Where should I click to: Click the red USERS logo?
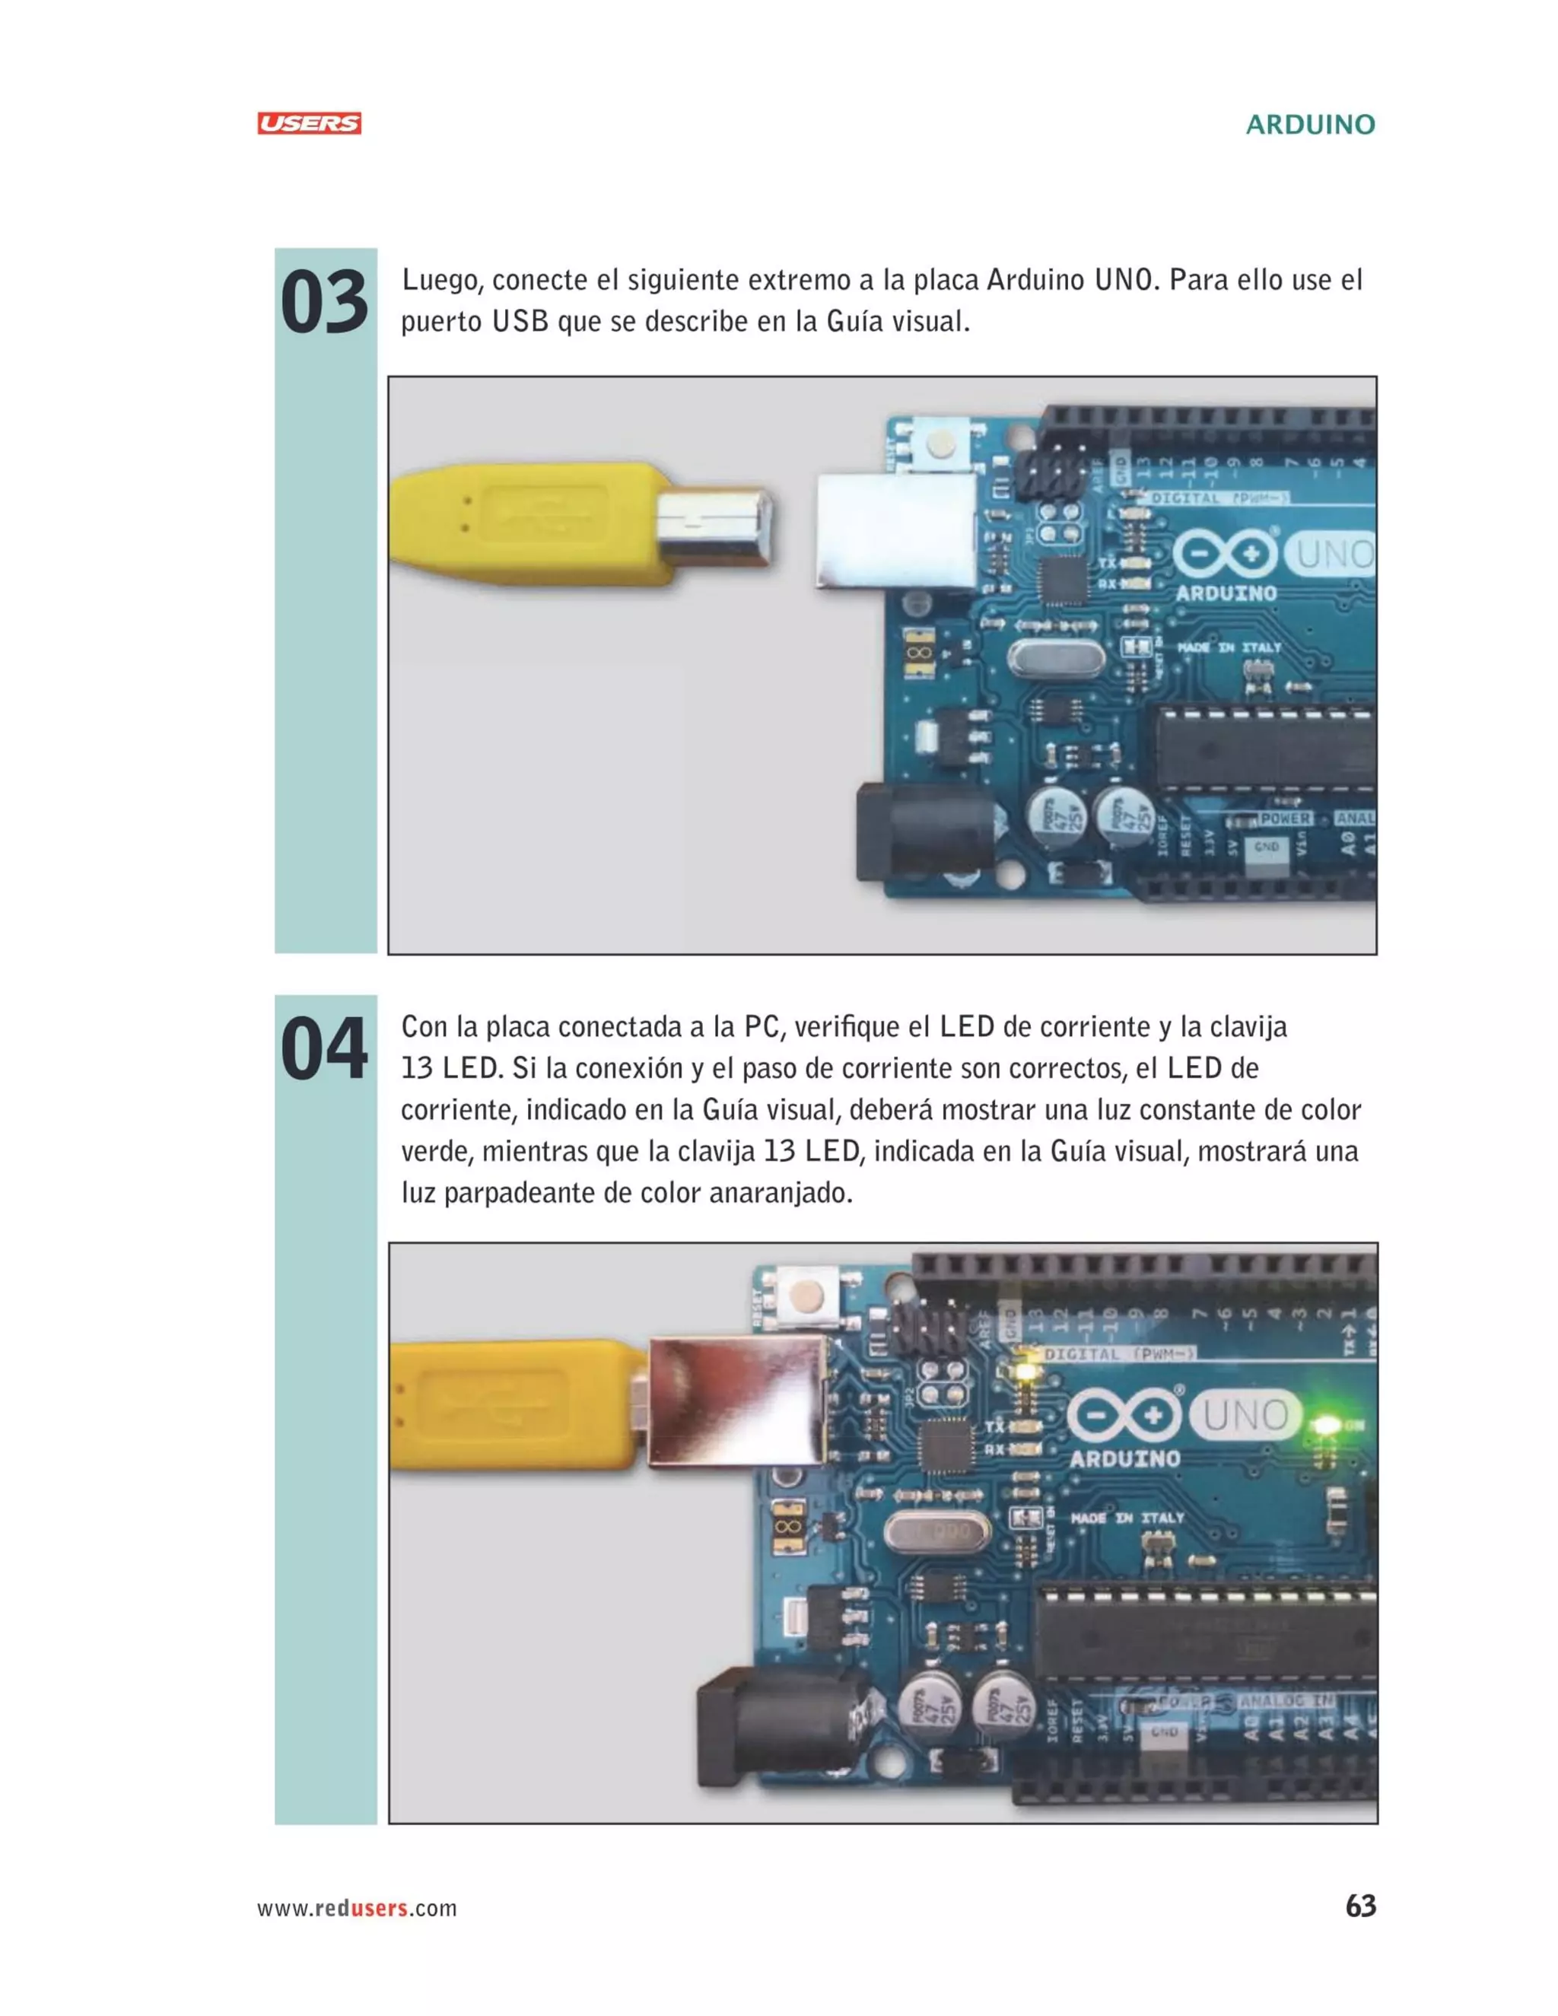tap(309, 124)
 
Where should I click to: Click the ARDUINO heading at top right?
tap(1310, 125)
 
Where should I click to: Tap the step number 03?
tap(324, 304)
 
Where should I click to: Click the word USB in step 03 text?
tap(520, 322)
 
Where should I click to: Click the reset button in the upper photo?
tap(940, 445)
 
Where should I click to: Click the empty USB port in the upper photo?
tap(895, 531)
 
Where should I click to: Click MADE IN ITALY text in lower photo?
tap(1127, 1518)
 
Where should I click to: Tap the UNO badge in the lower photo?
tap(1245, 1415)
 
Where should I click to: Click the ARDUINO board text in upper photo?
tap(1226, 593)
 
